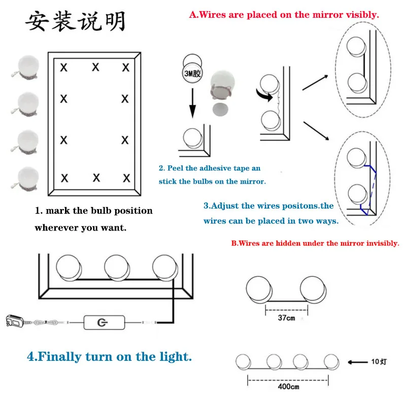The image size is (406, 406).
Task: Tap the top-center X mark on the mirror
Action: (x=95, y=67)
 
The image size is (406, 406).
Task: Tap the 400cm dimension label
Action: (x=288, y=386)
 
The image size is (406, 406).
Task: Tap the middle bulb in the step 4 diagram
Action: (x=117, y=268)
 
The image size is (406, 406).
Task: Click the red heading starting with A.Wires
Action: (x=284, y=15)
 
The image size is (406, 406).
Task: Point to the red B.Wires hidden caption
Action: (x=315, y=243)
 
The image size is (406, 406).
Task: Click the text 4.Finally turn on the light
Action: (x=109, y=356)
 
